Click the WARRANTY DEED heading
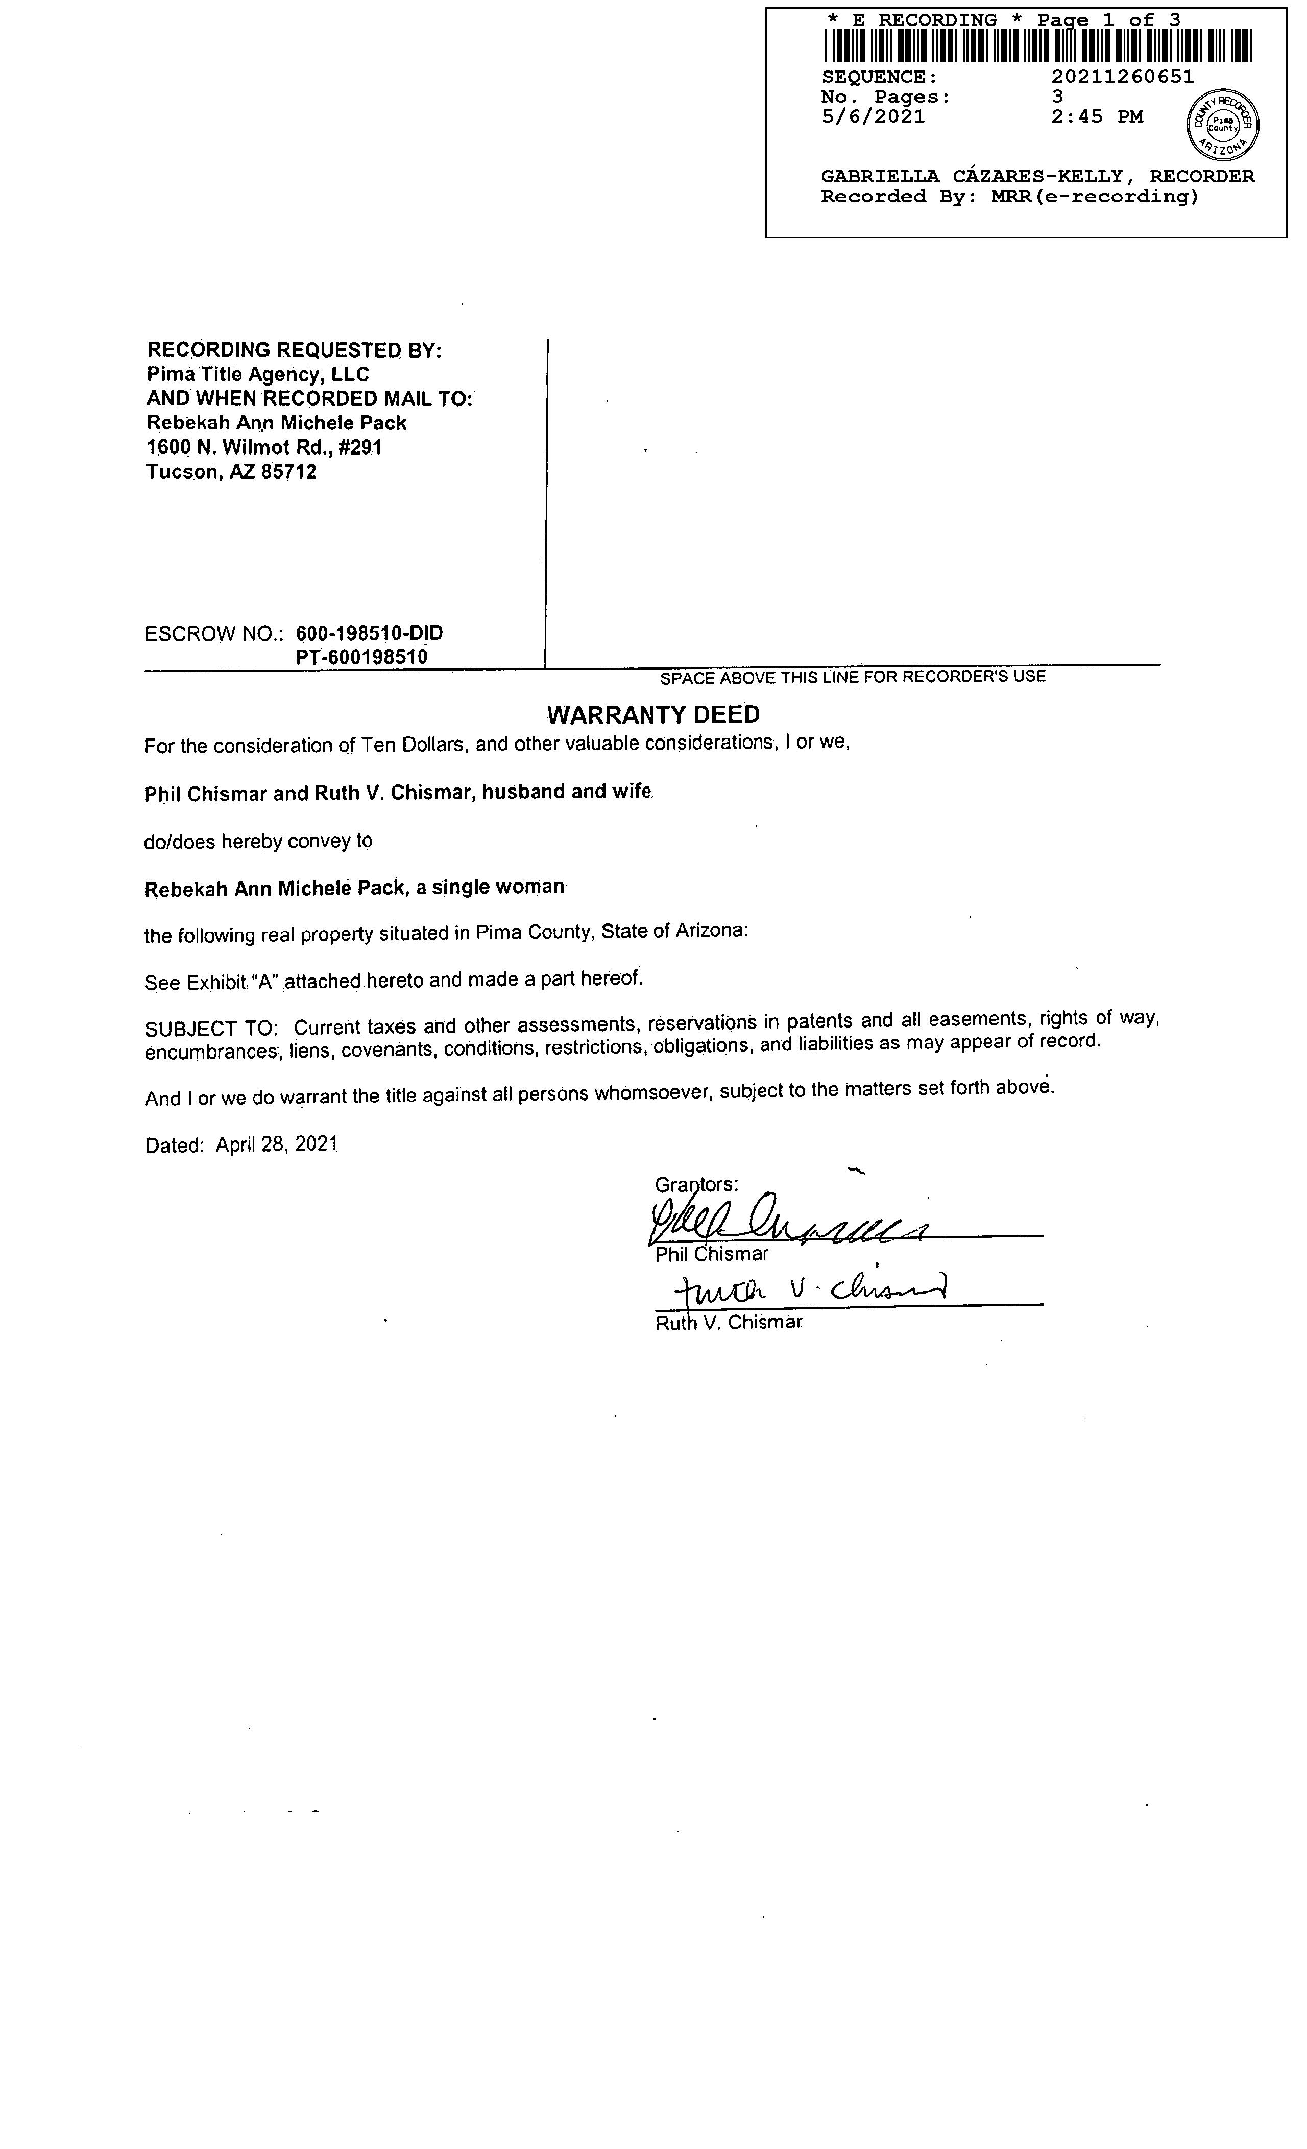pos(653,715)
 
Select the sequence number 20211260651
pos(1122,77)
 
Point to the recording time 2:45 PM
pos(1097,117)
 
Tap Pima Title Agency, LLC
pos(258,375)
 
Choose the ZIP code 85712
pos(288,473)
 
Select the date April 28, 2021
pos(276,1144)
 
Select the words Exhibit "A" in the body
pos(231,982)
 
